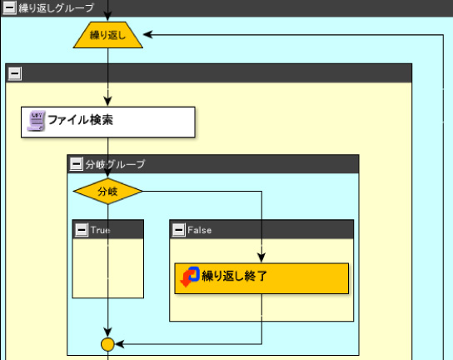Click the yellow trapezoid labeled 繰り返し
(107, 35)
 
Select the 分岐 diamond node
(107, 191)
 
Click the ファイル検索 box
(108, 122)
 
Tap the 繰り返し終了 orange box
(261, 278)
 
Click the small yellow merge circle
(107, 344)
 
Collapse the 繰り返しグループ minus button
(9, 7)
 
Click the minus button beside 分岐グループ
(77, 164)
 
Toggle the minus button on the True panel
(82, 230)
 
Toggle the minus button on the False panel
(178, 230)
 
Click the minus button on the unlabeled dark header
(15, 73)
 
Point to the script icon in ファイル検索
(36, 121)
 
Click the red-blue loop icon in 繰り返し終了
(190, 277)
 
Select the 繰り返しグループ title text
(57, 7)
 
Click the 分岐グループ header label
(115, 164)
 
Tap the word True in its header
(100, 230)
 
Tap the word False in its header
(199, 230)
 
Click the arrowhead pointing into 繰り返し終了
(261, 257)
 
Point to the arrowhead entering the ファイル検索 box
(107, 102)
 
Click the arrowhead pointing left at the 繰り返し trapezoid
(148, 35)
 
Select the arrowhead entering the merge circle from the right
(120, 344)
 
